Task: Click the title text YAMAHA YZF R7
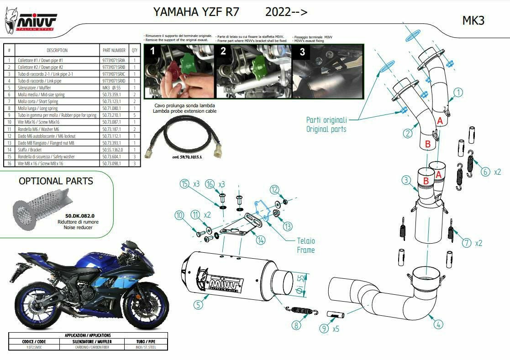[x=196, y=12]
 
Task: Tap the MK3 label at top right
[x=473, y=21]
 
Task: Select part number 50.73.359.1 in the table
[x=111, y=94]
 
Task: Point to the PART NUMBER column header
[x=114, y=50]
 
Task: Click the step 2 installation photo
[x=254, y=71]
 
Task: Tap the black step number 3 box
[x=302, y=52]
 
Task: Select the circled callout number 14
[x=261, y=240]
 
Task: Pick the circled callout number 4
[x=438, y=324]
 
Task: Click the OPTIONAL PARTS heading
[x=56, y=181]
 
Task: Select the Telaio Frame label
[x=305, y=245]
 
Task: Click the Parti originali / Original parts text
[x=326, y=125]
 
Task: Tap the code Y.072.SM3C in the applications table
[x=34, y=347]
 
